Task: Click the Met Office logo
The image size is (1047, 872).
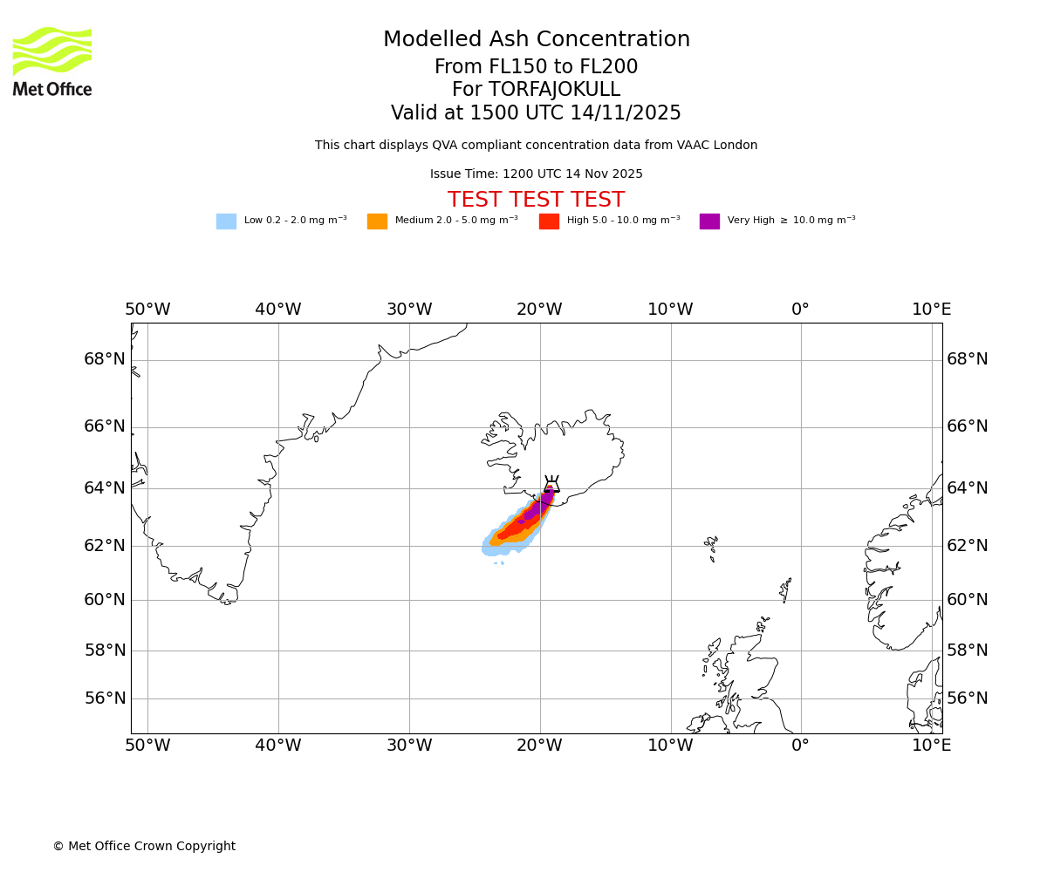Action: click(52, 61)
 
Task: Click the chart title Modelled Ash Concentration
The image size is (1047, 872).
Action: click(537, 40)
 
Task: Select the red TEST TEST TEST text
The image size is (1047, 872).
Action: click(536, 201)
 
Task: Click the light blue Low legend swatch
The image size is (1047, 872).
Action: click(226, 221)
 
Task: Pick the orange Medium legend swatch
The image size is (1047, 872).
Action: click(377, 221)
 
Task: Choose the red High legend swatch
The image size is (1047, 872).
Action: click(549, 221)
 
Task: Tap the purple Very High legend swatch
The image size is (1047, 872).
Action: click(709, 221)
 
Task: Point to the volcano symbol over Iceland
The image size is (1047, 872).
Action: click(551, 485)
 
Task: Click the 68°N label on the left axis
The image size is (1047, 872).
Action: click(105, 359)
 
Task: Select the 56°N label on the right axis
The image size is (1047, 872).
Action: click(968, 698)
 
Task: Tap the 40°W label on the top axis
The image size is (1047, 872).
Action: click(278, 310)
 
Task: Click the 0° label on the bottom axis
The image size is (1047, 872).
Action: click(800, 746)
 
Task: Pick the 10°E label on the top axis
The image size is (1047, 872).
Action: click(931, 310)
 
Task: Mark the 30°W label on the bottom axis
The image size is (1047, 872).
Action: click(409, 746)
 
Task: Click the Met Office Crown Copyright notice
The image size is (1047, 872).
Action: click(144, 847)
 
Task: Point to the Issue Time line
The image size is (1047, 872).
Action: click(536, 174)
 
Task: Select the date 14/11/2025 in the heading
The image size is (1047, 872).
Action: click(626, 113)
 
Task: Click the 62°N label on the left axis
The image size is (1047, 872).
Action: click(105, 546)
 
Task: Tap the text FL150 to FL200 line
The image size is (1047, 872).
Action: click(536, 67)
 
